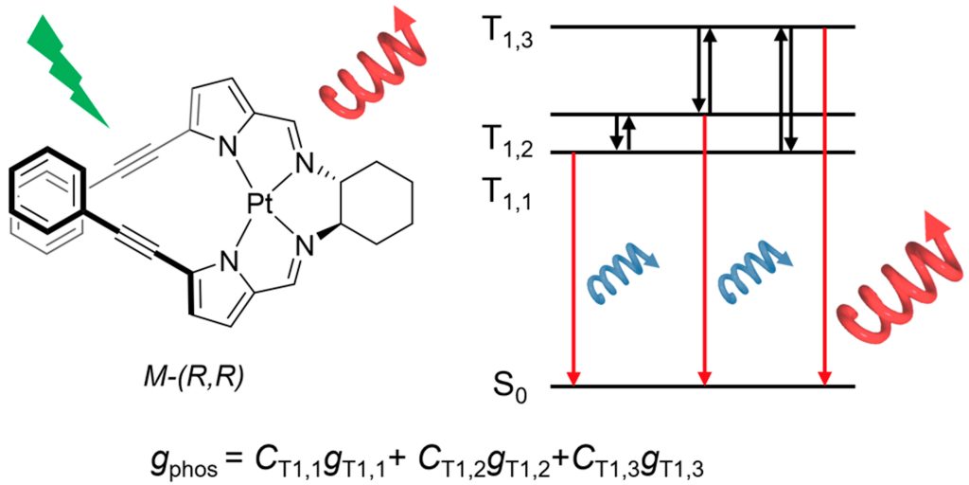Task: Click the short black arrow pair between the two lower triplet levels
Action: pyautogui.click(x=623, y=133)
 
